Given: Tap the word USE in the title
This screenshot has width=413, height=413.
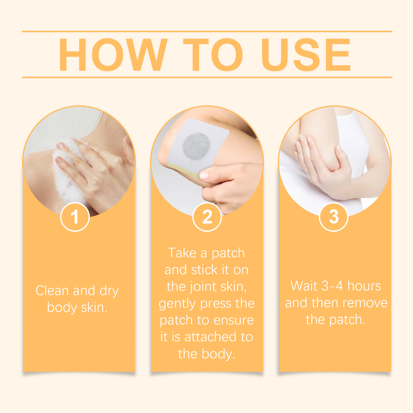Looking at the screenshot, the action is (306, 54).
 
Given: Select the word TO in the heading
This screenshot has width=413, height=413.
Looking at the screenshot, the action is (213, 54).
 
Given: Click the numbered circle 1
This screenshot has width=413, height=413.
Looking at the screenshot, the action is (75, 217).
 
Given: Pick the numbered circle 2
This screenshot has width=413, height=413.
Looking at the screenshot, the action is (207, 217).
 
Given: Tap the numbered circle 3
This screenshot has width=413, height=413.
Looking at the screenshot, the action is (334, 217).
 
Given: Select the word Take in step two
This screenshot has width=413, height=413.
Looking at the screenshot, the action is (182, 253).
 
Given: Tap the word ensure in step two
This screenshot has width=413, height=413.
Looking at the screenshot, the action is (234, 321).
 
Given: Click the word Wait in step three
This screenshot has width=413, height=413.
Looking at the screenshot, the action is (304, 286).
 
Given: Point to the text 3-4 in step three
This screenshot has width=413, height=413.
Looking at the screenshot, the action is (332, 286).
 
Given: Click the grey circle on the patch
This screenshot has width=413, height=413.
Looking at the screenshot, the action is (196, 146).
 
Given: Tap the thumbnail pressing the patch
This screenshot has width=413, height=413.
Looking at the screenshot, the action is (204, 176).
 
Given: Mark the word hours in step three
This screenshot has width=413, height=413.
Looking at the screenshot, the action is (364, 286).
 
